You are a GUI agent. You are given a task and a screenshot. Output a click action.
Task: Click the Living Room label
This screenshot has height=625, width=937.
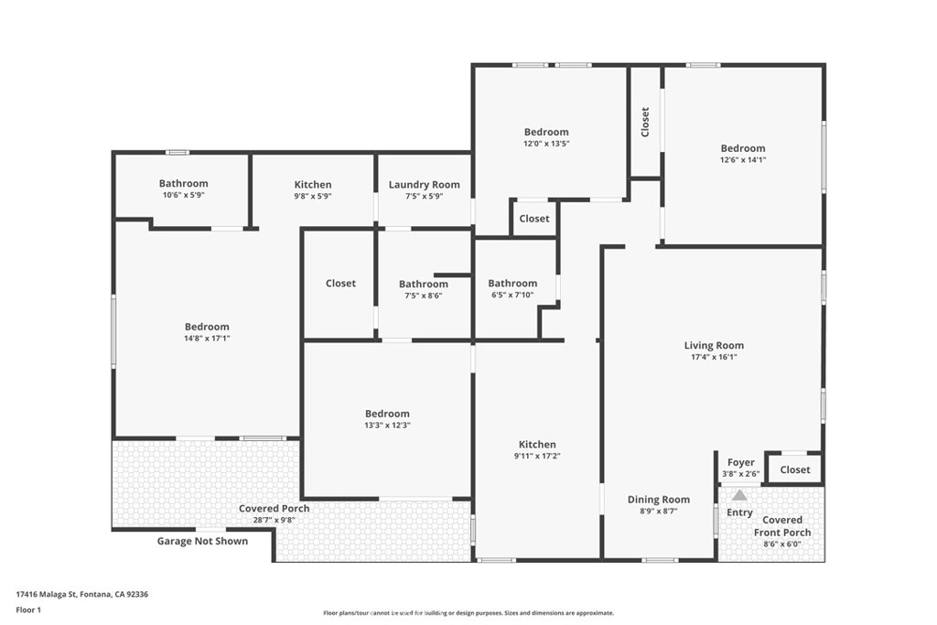pyautogui.click(x=714, y=345)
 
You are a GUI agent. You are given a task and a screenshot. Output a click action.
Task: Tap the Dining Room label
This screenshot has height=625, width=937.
pyautogui.click(x=658, y=500)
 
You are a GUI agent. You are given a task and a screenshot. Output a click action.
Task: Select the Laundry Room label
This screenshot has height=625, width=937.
pyautogui.click(x=424, y=185)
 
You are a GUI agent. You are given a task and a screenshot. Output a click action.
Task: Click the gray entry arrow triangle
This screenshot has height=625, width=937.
pyautogui.click(x=738, y=494)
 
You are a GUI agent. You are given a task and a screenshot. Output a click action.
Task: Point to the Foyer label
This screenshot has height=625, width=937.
pyautogui.click(x=740, y=462)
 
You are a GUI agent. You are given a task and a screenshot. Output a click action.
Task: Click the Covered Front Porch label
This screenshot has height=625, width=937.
pyautogui.click(x=781, y=526)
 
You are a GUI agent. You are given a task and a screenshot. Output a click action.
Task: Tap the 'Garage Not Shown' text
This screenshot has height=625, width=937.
pyautogui.click(x=202, y=541)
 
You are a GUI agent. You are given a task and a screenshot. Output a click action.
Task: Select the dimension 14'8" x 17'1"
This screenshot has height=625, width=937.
pyautogui.click(x=207, y=339)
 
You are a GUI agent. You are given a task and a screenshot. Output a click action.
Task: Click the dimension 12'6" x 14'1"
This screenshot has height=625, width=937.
pyautogui.click(x=742, y=160)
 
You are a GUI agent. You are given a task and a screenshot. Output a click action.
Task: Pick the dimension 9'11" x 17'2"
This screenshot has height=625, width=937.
pyautogui.click(x=537, y=456)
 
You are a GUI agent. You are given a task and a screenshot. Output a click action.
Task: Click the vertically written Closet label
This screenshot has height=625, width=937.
pyautogui.click(x=645, y=123)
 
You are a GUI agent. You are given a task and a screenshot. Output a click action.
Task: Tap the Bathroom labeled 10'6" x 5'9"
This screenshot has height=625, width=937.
pyautogui.click(x=183, y=184)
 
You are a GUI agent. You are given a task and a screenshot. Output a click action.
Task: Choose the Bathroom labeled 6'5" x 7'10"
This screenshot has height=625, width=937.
pyautogui.click(x=512, y=284)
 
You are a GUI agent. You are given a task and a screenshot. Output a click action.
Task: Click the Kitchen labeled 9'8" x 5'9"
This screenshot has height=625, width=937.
pyautogui.click(x=312, y=185)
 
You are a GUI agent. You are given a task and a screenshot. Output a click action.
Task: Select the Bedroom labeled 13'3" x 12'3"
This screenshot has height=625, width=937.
pyautogui.click(x=387, y=414)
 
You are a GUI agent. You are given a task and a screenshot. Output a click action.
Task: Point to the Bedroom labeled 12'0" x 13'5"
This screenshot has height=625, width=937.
pyautogui.click(x=546, y=132)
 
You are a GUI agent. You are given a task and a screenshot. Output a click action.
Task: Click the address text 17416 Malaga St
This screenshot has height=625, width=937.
pyautogui.click(x=81, y=594)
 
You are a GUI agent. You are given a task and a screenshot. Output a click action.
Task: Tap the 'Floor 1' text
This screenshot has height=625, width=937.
pyautogui.click(x=28, y=609)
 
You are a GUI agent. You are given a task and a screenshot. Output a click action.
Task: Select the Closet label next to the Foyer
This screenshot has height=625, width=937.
pyautogui.click(x=794, y=469)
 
